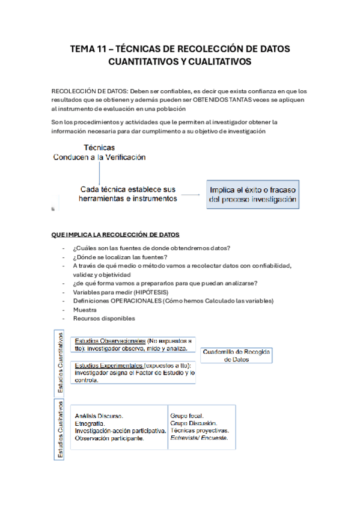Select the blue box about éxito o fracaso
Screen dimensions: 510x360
click(254, 193)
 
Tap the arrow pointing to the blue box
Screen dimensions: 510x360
click(192, 194)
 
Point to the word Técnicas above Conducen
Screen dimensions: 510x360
click(99, 147)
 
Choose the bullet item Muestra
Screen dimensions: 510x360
click(85, 310)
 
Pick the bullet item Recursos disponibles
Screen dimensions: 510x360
click(104, 319)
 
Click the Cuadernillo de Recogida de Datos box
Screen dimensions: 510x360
click(236, 355)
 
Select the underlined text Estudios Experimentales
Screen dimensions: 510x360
click(109, 365)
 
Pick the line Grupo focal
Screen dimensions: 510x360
click(187, 416)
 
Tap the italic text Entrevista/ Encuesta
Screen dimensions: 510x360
click(199, 438)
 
